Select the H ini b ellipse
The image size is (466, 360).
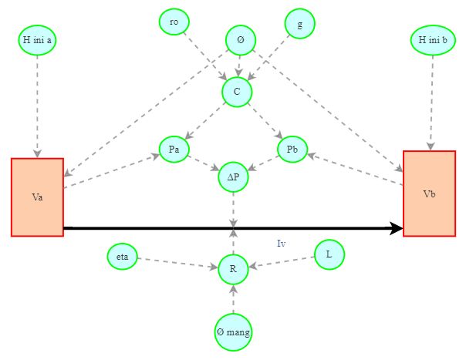click(x=433, y=39)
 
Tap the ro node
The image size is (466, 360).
click(x=174, y=22)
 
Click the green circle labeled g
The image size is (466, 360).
click(x=299, y=23)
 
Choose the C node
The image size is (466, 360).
click(x=237, y=92)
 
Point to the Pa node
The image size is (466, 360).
click(x=174, y=150)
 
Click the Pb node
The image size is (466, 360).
click(x=292, y=150)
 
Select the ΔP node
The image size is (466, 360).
click(x=233, y=177)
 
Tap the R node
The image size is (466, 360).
click(x=233, y=268)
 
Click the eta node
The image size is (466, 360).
click(x=122, y=257)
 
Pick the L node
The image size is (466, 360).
click(x=329, y=254)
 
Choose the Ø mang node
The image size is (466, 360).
click(x=233, y=332)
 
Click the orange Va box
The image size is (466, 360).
click(x=37, y=197)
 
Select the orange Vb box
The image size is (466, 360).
click(x=429, y=193)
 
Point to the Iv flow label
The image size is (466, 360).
click(x=282, y=244)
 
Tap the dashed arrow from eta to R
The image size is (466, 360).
click(x=177, y=263)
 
